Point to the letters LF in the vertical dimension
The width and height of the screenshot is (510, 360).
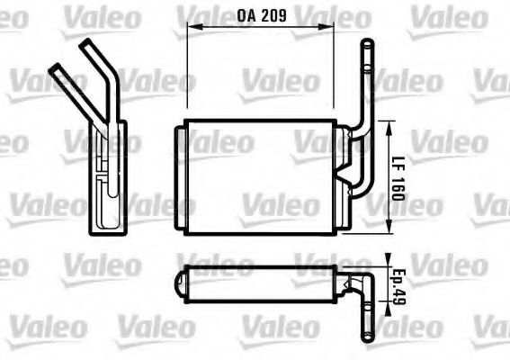pos(397,158)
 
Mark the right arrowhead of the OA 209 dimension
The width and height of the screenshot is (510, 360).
pos(329,27)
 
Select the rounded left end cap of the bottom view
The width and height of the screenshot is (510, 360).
pos(179,287)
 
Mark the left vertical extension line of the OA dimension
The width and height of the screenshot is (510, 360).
pos(184,72)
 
